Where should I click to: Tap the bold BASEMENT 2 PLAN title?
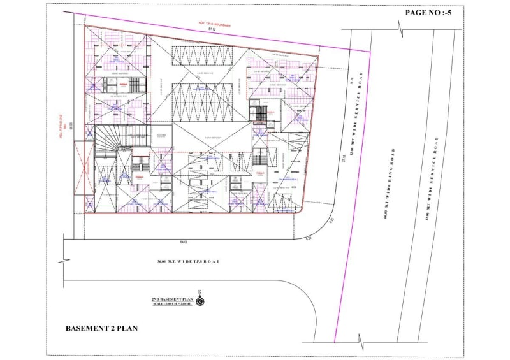pos(102,329)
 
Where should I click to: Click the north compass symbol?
pos(200,299)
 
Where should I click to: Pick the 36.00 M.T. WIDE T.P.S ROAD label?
pos(189,262)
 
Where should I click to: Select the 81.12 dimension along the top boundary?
pos(205,30)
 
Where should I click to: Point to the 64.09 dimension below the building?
pos(184,242)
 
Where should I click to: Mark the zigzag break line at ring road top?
pos(400,29)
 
